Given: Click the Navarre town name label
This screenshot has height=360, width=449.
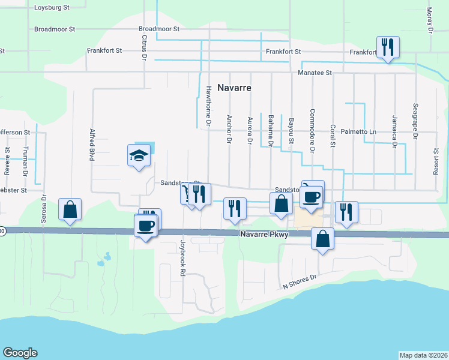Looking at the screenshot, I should [234, 88].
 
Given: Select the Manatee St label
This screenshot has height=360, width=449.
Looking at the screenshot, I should [315, 73].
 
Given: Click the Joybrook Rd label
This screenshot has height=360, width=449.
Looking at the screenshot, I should [182, 259].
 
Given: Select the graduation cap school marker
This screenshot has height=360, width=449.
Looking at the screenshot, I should [139, 156].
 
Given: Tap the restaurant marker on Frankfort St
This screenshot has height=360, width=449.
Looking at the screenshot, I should [388, 47].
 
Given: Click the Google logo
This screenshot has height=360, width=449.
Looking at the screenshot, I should [20, 353].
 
